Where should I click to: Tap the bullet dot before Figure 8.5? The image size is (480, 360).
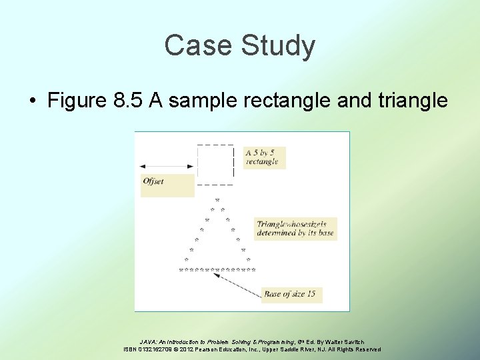click(x=32, y=101)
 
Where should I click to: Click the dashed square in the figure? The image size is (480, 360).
click(x=215, y=164)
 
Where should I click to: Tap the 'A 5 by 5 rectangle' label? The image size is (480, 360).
click(x=264, y=157)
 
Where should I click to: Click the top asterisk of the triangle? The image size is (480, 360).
click(x=217, y=199)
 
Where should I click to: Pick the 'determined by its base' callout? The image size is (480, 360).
click(x=295, y=229)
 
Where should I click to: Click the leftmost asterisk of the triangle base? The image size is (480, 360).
click(x=181, y=270)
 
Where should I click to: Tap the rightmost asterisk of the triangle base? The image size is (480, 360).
click(x=253, y=270)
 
